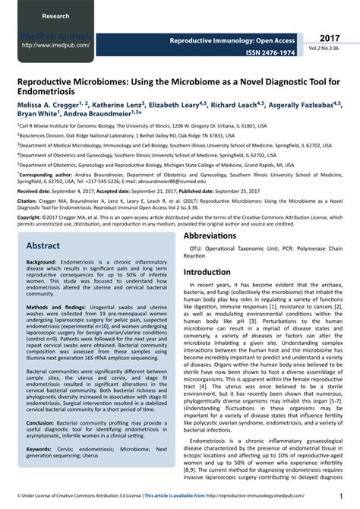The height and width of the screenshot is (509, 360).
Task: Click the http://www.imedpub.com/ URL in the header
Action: coord(57,45)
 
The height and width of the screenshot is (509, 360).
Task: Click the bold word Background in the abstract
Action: coord(42,261)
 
